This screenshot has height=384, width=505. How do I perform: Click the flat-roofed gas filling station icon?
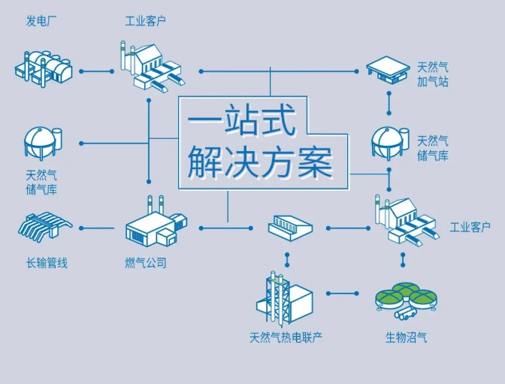[388, 69]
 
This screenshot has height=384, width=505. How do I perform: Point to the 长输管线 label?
[47, 263]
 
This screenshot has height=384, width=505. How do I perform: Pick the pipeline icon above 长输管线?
[45, 226]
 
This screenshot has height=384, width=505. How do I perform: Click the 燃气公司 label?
[145, 263]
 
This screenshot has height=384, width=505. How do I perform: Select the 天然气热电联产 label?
[286, 337]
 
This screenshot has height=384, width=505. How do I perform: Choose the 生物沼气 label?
[406, 337]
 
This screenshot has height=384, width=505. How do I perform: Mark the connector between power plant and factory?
[95, 71]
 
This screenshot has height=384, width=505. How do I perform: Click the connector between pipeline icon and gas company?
[96, 226]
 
